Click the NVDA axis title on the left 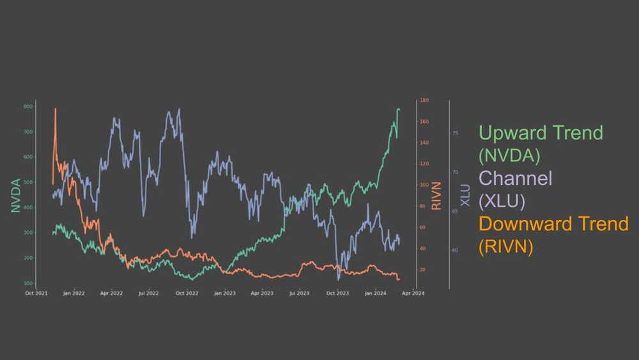pos(15,195)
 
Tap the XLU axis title pos(465,194)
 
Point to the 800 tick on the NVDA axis pos(28,106)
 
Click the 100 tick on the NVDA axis pos(28,283)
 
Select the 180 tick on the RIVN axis pos(424,100)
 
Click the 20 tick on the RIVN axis pos(422,270)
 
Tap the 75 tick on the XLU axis pos(456,133)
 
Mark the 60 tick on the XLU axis pos(456,250)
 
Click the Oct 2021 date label pos(36,293)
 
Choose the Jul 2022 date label pos(148,293)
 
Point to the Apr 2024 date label pos(413,293)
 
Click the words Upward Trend pos(541,133)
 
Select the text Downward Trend pos(553,224)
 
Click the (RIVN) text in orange pos(505,246)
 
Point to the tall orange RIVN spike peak pos(55,109)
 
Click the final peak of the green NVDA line pos(399,109)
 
